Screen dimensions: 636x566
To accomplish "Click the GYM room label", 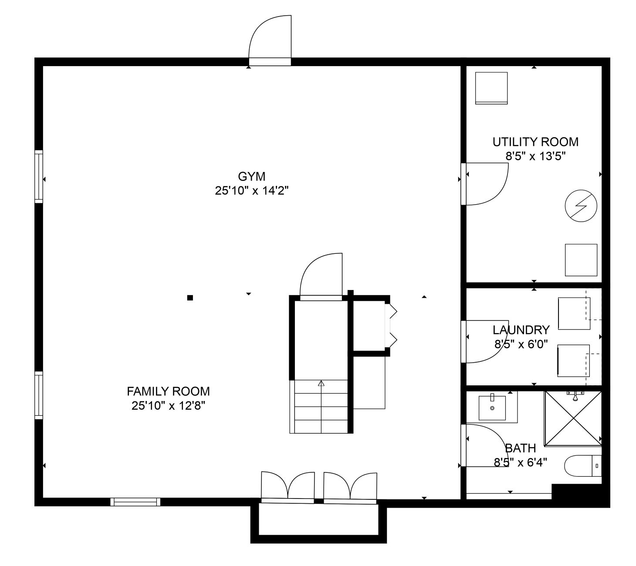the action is tap(251, 176).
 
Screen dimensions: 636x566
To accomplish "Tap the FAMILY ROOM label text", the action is tap(168, 391).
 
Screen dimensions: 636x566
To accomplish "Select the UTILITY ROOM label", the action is tap(535, 142).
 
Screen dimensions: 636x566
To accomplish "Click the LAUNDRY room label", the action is tap(521, 330).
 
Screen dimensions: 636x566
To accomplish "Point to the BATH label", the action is tap(520, 448).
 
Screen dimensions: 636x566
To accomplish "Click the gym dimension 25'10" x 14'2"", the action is tap(251, 190).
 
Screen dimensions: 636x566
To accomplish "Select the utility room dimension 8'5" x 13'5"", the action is tap(535, 156).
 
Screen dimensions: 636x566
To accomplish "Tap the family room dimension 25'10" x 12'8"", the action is tap(168, 406).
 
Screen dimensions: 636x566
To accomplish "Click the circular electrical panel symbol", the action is tap(581, 206).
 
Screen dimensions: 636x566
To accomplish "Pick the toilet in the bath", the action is tap(582, 465).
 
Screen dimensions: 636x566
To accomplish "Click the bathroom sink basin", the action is tap(492, 408).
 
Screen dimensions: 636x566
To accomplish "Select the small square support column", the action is tap(190, 298).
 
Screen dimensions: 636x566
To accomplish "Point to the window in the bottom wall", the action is tap(135, 502).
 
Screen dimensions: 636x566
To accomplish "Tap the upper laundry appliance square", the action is tap(574, 313).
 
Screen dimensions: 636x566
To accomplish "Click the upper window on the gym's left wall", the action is tap(39, 176).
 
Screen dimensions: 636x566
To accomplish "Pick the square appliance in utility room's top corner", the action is tap(491, 88).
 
